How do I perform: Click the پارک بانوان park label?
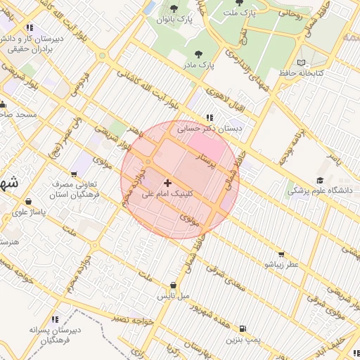point(174,20)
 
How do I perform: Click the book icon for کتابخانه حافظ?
point(302,63)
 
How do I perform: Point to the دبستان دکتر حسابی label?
point(208,129)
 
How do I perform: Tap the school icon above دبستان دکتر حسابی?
point(209,117)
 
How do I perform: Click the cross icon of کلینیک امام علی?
point(167,183)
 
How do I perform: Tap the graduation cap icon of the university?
point(321,179)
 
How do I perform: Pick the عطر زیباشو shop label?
point(281,264)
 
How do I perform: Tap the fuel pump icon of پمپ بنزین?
point(243,328)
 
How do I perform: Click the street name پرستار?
point(211,159)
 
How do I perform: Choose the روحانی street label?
point(288,12)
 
